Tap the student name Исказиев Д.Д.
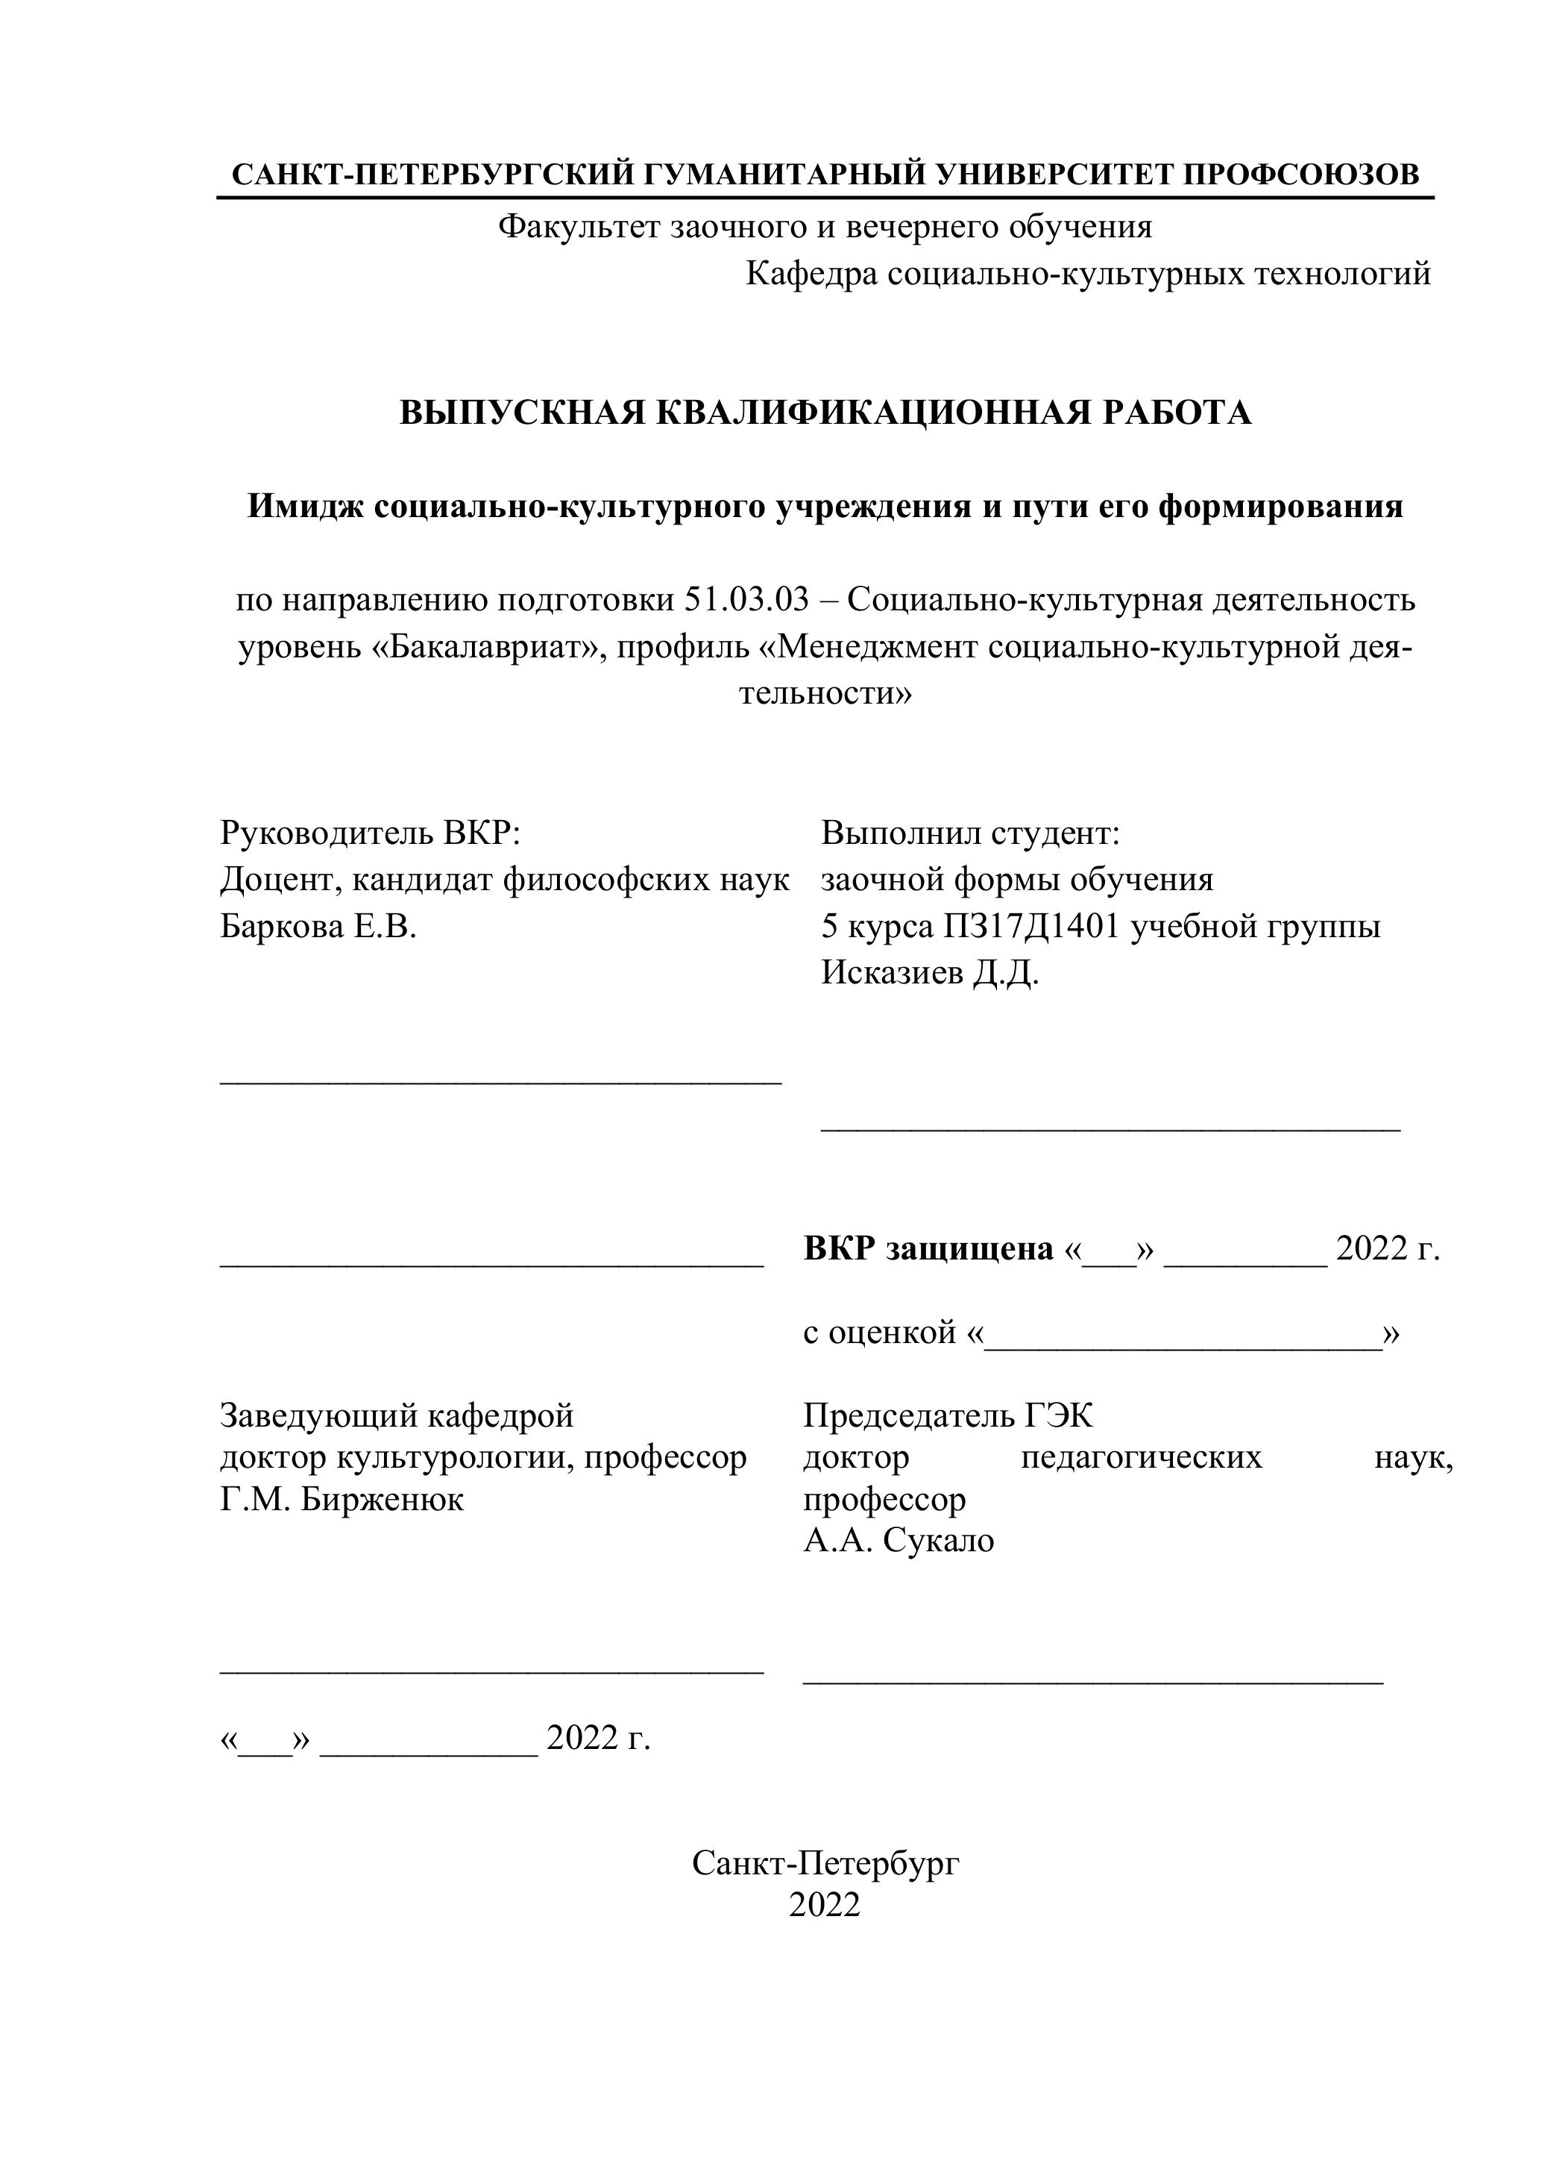(x=930, y=973)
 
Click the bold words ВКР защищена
(x=928, y=1248)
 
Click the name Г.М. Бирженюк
(x=342, y=1500)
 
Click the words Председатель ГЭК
(x=948, y=1416)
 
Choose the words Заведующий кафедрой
(x=397, y=1416)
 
